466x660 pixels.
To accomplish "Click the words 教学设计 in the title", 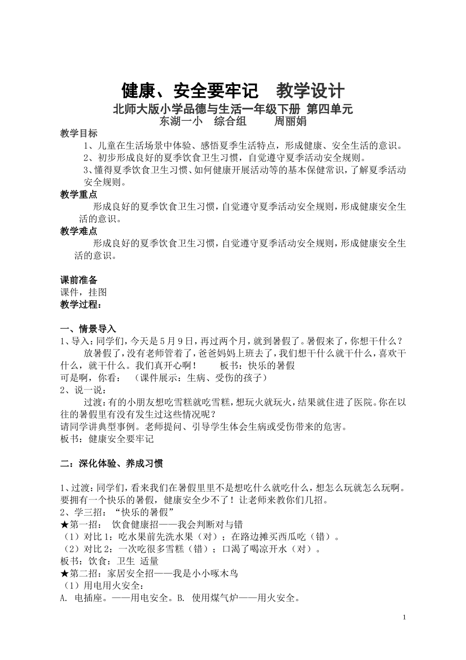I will tap(310, 91).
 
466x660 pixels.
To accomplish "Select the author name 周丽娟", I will tap(290, 121).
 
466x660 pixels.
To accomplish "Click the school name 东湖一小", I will tap(181, 121).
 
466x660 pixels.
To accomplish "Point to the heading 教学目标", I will tap(79, 133).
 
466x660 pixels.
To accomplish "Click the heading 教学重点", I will tap(79, 194).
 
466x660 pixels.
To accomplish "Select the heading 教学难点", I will tap(79, 231).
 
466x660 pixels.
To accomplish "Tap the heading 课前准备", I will tap(79, 280).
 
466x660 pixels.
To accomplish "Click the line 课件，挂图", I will tap(83, 292).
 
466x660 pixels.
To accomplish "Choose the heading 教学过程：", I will tap(81, 304).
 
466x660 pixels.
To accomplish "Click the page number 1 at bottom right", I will tap(404, 617).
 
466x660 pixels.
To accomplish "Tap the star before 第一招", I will tap(64, 524).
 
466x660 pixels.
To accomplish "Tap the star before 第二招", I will tap(64, 574).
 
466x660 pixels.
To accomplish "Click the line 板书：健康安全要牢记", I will tap(107, 439).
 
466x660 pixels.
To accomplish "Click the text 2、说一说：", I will tap(82, 390).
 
